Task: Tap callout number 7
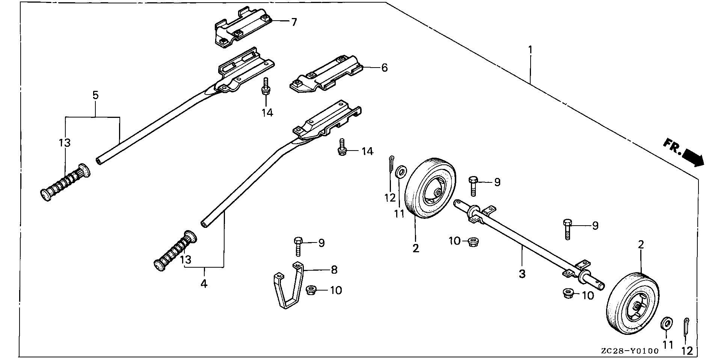tap(294, 22)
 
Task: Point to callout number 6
tap(384, 68)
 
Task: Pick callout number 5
tap(95, 95)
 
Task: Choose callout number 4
tap(204, 284)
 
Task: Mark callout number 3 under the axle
tap(522, 274)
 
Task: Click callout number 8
tap(334, 270)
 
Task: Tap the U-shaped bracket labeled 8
tap(288, 289)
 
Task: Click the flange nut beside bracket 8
tap(311, 290)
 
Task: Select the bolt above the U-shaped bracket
tap(298, 246)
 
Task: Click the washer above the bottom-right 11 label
tap(667, 323)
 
